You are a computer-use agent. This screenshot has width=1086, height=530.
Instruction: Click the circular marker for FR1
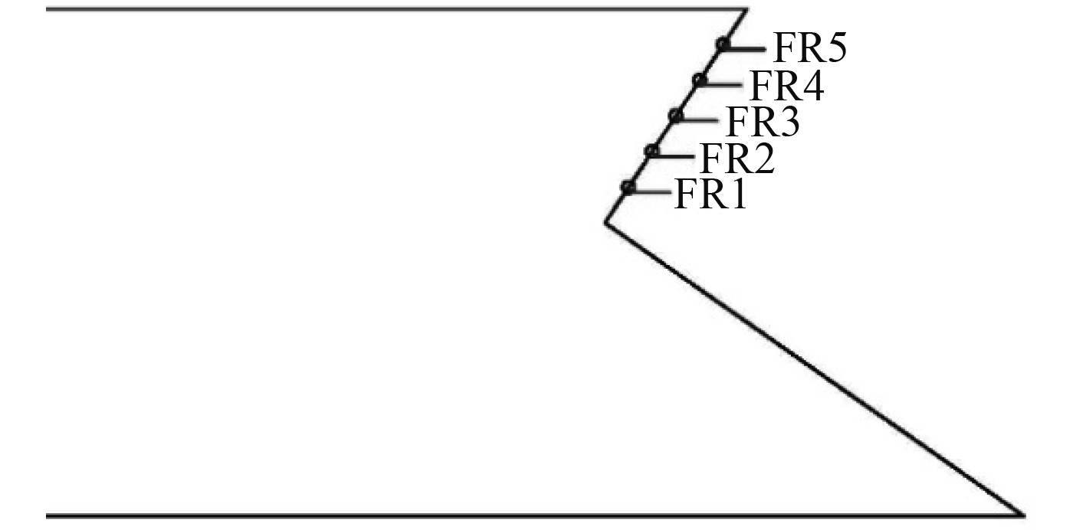pos(628,187)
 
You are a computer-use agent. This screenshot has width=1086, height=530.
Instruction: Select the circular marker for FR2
pos(651,151)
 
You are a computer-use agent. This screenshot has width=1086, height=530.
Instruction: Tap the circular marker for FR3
pos(675,116)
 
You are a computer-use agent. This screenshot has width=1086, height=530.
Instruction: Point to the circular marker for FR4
pos(698,80)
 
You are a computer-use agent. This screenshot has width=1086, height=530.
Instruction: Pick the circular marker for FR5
pos(722,44)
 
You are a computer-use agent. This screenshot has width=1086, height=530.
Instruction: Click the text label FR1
pos(710,195)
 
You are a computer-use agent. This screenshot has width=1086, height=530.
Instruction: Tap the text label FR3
pos(761,123)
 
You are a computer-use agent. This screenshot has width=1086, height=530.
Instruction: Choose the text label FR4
pos(786,87)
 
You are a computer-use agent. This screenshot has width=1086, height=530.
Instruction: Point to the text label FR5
pos(809,50)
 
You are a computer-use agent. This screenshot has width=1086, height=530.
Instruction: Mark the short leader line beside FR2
pos(675,155)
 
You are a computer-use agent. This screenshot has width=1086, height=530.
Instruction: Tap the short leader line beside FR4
pos(723,82)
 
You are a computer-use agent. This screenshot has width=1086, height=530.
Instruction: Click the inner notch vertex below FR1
pos(605,223)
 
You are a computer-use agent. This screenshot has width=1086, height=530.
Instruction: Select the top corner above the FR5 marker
pos(746,10)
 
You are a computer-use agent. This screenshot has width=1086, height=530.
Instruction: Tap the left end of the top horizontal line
pos(48,10)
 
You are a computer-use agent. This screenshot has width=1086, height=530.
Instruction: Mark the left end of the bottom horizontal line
pos(48,515)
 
